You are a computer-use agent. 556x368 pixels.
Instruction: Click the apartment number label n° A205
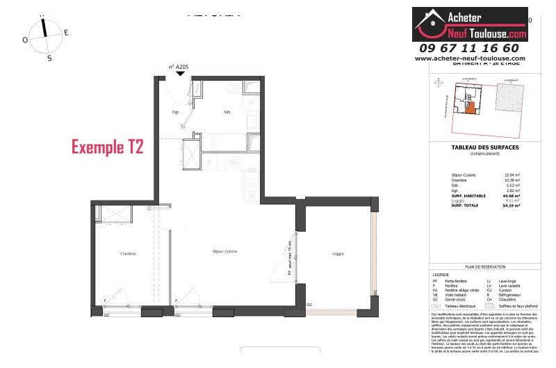click(179, 67)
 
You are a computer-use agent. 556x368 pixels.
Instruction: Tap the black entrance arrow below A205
click(180, 74)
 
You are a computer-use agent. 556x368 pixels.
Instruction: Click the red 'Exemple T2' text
click(108, 147)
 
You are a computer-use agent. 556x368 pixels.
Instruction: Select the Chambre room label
click(127, 253)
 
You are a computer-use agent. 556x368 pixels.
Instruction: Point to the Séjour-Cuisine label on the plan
click(224, 250)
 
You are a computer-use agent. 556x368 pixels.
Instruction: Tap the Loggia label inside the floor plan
click(338, 253)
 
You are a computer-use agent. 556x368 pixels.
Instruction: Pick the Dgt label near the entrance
click(176, 112)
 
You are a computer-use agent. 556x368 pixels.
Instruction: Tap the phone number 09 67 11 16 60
click(468, 48)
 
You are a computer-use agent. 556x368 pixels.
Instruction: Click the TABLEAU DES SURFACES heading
click(485, 147)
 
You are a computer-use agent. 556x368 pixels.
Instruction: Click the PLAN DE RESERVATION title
click(485, 267)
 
